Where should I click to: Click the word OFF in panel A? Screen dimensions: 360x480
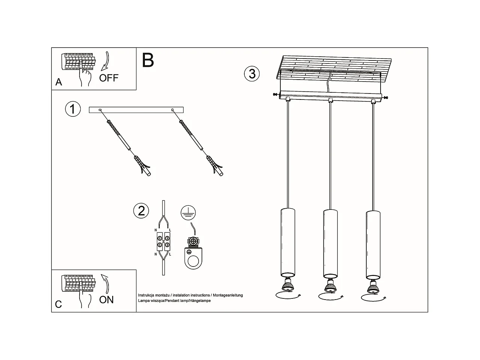[108, 78]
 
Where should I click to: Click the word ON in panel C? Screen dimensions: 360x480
[106, 300]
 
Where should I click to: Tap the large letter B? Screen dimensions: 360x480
[148, 60]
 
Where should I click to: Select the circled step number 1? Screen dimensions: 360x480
[73, 109]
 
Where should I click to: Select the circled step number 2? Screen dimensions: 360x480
[141, 211]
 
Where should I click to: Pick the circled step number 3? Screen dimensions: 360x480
[252, 74]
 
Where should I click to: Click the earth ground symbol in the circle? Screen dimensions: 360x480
[188, 213]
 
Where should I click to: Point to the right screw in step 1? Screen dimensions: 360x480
[188, 129]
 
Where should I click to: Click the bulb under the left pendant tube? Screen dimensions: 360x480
[288, 286]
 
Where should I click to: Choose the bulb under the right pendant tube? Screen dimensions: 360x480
[373, 288]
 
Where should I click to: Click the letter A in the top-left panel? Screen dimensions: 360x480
[59, 82]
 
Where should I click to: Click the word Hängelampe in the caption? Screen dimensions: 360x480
[201, 301]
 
